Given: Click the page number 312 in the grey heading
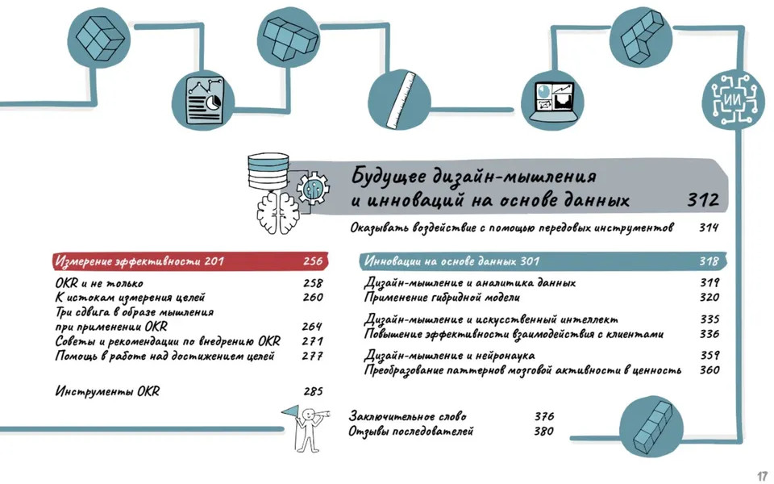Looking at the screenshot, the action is pyautogui.click(x=703, y=200).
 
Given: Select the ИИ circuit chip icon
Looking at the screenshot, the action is pyautogui.click(x=733, y=100).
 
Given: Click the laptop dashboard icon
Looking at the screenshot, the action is pyautogui.click(x=553, y=102).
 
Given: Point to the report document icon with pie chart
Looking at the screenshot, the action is pyautogui.click(x=204, y=101).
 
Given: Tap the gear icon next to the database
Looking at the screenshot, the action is pyautogui.click(x=313, y=188).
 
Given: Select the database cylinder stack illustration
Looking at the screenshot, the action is pyautogui.click(x=268, y=171).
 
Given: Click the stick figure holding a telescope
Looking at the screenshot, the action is pyautogui.click(x=310, y=428).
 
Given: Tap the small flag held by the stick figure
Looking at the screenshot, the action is pyautogui.click(x=291, y=411).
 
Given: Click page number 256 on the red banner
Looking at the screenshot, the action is pyautogui.click(x=313, y=261).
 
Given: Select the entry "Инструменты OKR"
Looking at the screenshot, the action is pyautogui.click(x=107, y=392).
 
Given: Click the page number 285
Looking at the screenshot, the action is pyautogui.click(x=313, y=392).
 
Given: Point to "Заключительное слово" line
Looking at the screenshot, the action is pyautogui.click(x=407, y=416).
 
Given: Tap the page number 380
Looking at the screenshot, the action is pyautogui.click(x=543, y=431).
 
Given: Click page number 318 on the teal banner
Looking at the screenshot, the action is pyautogui.click(x=709, y=261).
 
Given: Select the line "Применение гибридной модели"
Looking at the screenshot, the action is pyautogui.click(x=442, y=298).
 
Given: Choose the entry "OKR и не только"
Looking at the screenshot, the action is pyautogui.click(x=98, y=283).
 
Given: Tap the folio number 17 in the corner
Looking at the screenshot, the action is pyautogui.click(x=762, y=476).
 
